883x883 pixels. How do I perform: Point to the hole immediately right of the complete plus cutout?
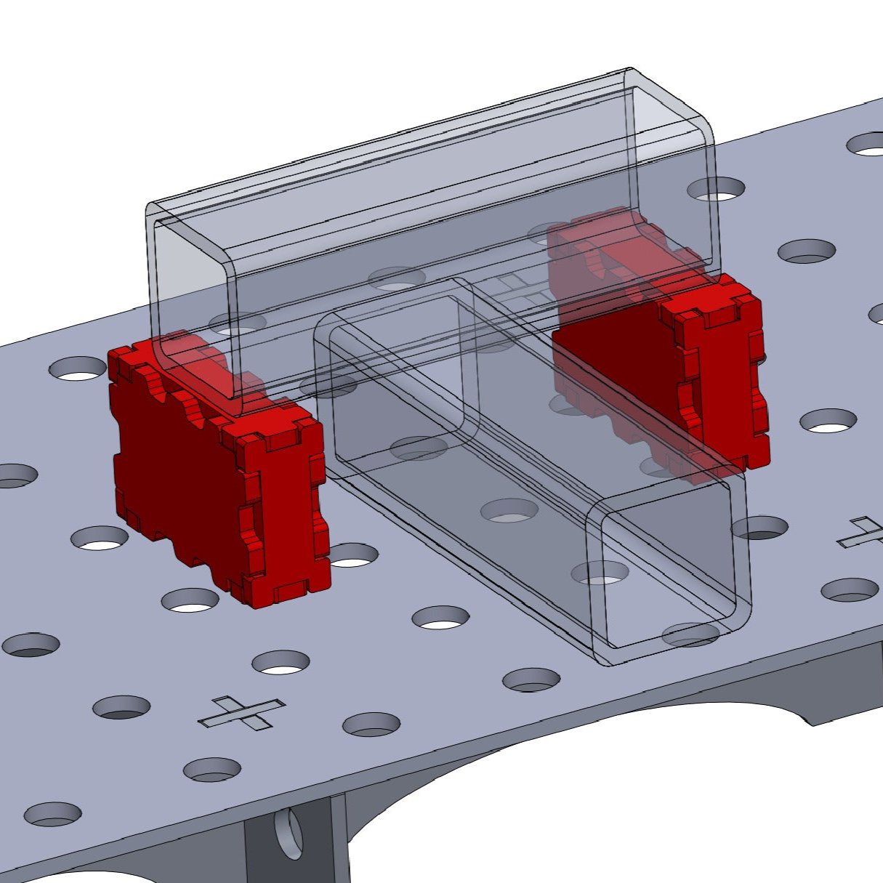click(x=371, y=723)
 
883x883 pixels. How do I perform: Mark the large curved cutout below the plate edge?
click(x=581, y=799)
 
